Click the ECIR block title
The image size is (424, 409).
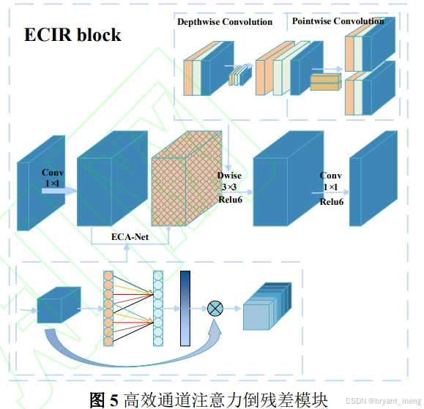pyautogui.click(x=72, y=34)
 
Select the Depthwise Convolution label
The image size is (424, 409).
pyautogui.click(x=225, y=22)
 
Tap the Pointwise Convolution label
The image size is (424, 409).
pyautogui.click(x=338, y=21)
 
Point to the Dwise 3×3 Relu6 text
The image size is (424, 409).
pyautogui.click(x=229, y=187)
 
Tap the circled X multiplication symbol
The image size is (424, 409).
pyautogui.click(x=215, y=308)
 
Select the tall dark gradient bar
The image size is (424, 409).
pyautogui.click(x=185, y=307)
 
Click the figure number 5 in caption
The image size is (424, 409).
pyautogui.click(x=114, y=399)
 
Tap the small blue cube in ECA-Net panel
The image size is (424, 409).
pyautogui.click(x=58, y=304)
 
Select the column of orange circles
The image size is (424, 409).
pyautogui.click(x=108, y=307)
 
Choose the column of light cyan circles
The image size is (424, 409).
pyautogui.click(x=157, y=307)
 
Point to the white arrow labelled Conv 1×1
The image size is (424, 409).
pyautogui.click(x=57, y=190)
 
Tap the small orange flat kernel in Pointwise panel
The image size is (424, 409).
pyautogui.click(x=326, y=82)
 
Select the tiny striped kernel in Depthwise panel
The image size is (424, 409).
pyautogui.click(x=238, y=75)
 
